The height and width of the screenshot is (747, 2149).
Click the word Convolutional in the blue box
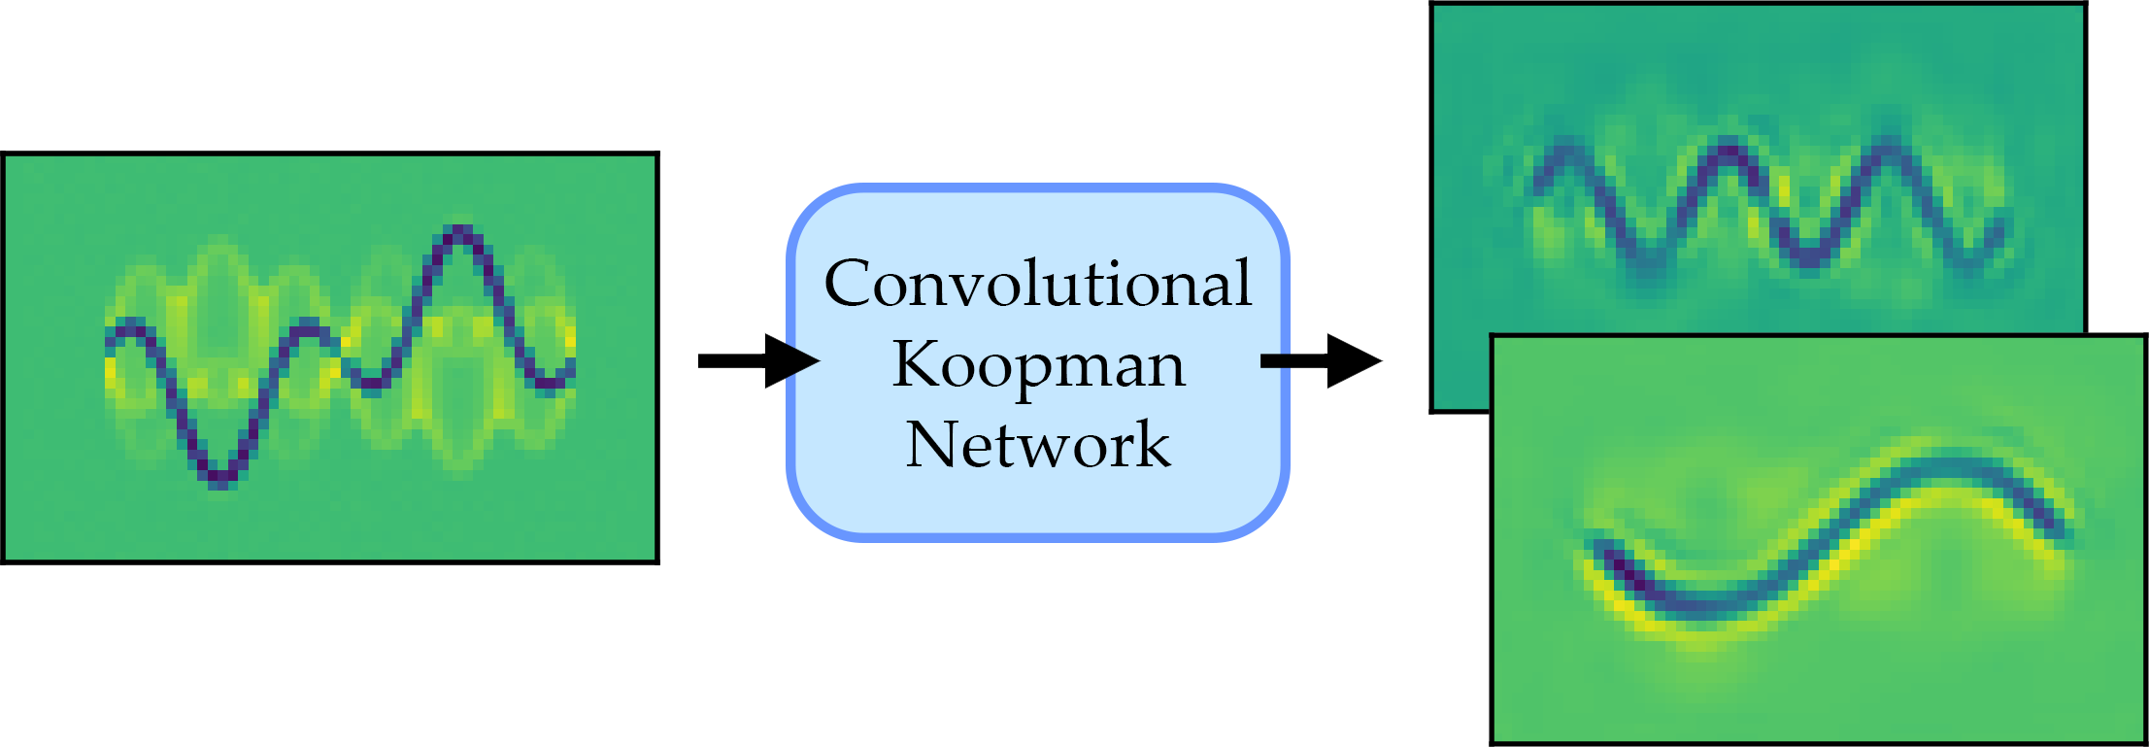tap(1038, 284)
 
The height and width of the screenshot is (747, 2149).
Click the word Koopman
tap(1038, 366)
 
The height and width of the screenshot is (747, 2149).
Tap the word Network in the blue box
tap(1038, 445)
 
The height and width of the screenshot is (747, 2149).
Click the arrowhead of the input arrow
tap(790, 361)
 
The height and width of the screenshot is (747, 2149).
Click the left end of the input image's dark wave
tap(112, 338)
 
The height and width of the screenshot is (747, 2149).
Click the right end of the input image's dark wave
tap(571, 369)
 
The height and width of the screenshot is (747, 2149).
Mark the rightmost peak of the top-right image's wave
tap(1889, 152)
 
